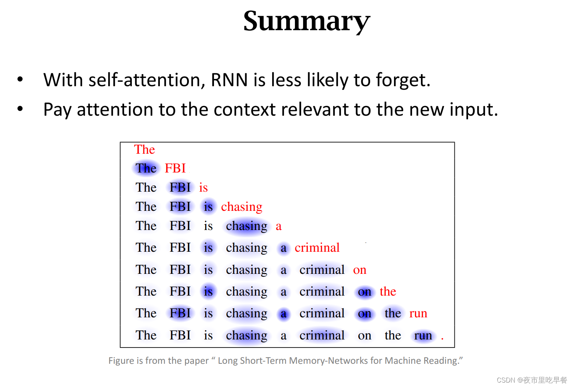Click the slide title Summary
(306, 21)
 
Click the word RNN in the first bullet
(229, 80)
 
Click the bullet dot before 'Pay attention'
(20, 109)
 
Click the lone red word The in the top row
(144, 149)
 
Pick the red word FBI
(175, 168)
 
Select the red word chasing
(242, 207)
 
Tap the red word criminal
(317, 248)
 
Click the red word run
(418, 313)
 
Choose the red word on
(359, 270)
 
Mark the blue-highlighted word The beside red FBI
(146, 168)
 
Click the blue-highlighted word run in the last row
(423, 335)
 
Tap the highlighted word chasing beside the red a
(246, 226)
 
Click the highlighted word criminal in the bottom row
(322, 335)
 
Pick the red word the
(388, 292)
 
